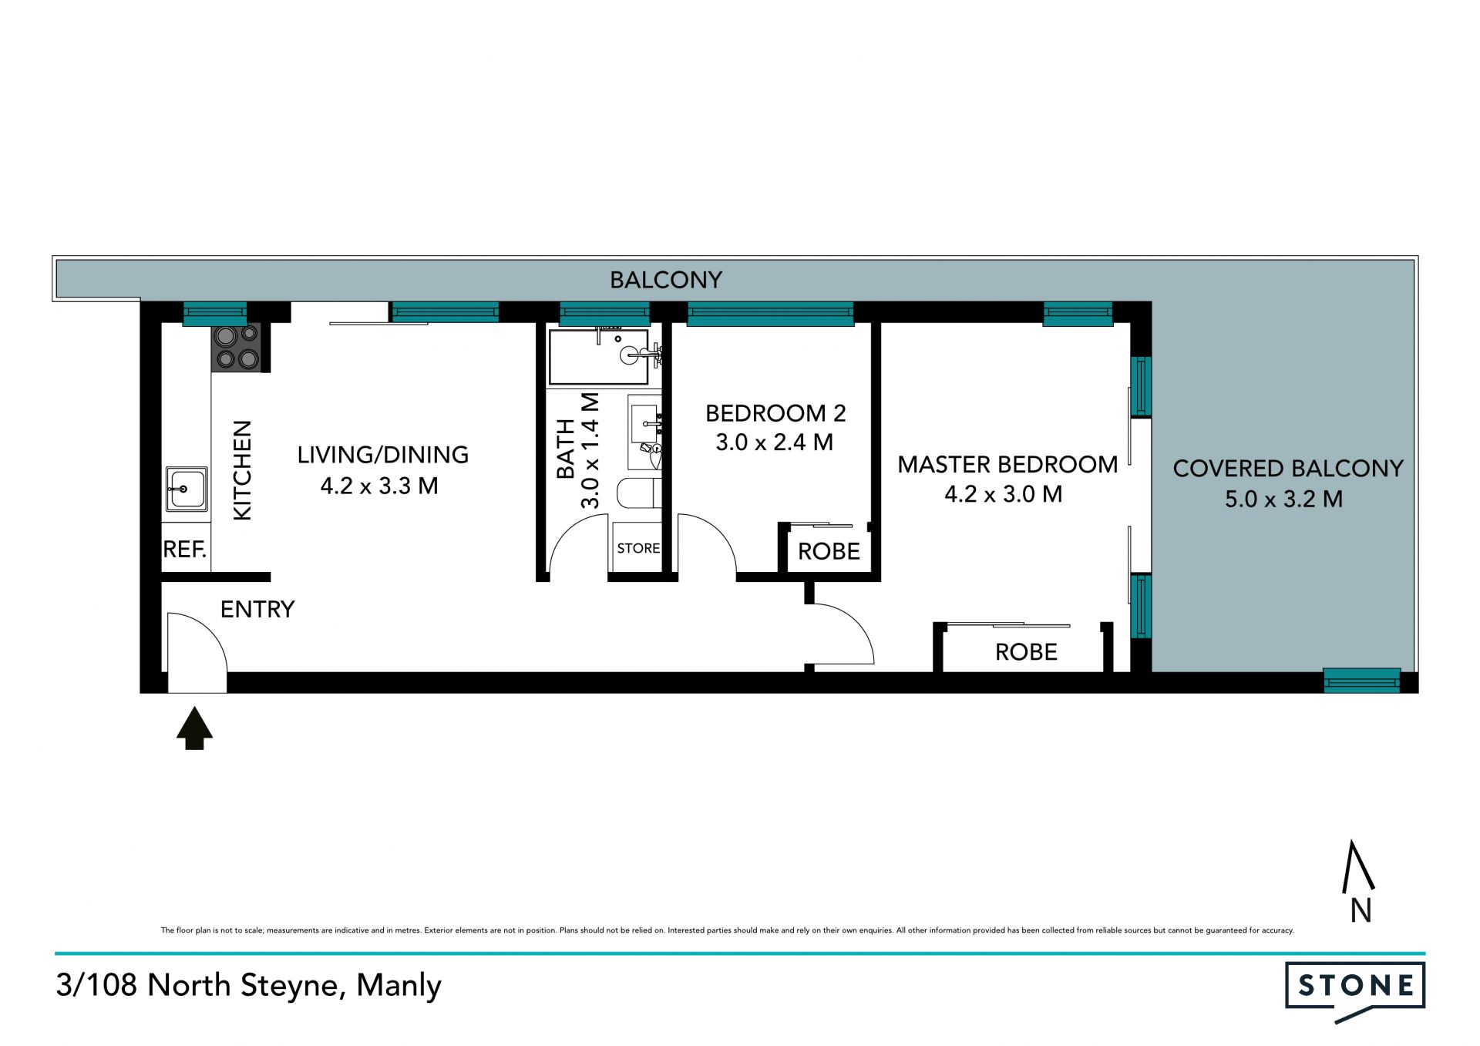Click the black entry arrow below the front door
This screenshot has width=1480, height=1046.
[x=194, y=728]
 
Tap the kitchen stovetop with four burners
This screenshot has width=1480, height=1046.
[x=237, y=348]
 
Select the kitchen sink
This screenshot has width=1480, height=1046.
[x=187, y=489]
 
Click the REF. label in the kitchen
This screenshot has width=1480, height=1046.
[x=185, y=550]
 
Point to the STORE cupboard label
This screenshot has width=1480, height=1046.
[x=638, y=548]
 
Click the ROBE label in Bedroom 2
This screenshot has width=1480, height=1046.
[x=829, y=552]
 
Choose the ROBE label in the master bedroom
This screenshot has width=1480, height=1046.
[x=1026, y=652]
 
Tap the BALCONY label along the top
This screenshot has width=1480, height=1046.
[x=666, y=280]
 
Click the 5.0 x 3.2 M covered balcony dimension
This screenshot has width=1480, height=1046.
[x=1284, y=499]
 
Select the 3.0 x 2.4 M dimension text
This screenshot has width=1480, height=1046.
[x=775, y=442]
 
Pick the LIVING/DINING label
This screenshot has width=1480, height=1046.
[x=383, y=455]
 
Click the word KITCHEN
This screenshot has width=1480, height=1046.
[x=242, y=470]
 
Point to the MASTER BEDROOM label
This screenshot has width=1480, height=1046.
[x=1007, y=465]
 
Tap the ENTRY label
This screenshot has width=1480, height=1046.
[x=257, y=610]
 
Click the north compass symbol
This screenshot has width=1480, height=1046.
[x=1359, y=882]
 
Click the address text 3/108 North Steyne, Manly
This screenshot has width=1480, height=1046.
[x=248, y=986]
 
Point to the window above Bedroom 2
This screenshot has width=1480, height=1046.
[x=771, y=314]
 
